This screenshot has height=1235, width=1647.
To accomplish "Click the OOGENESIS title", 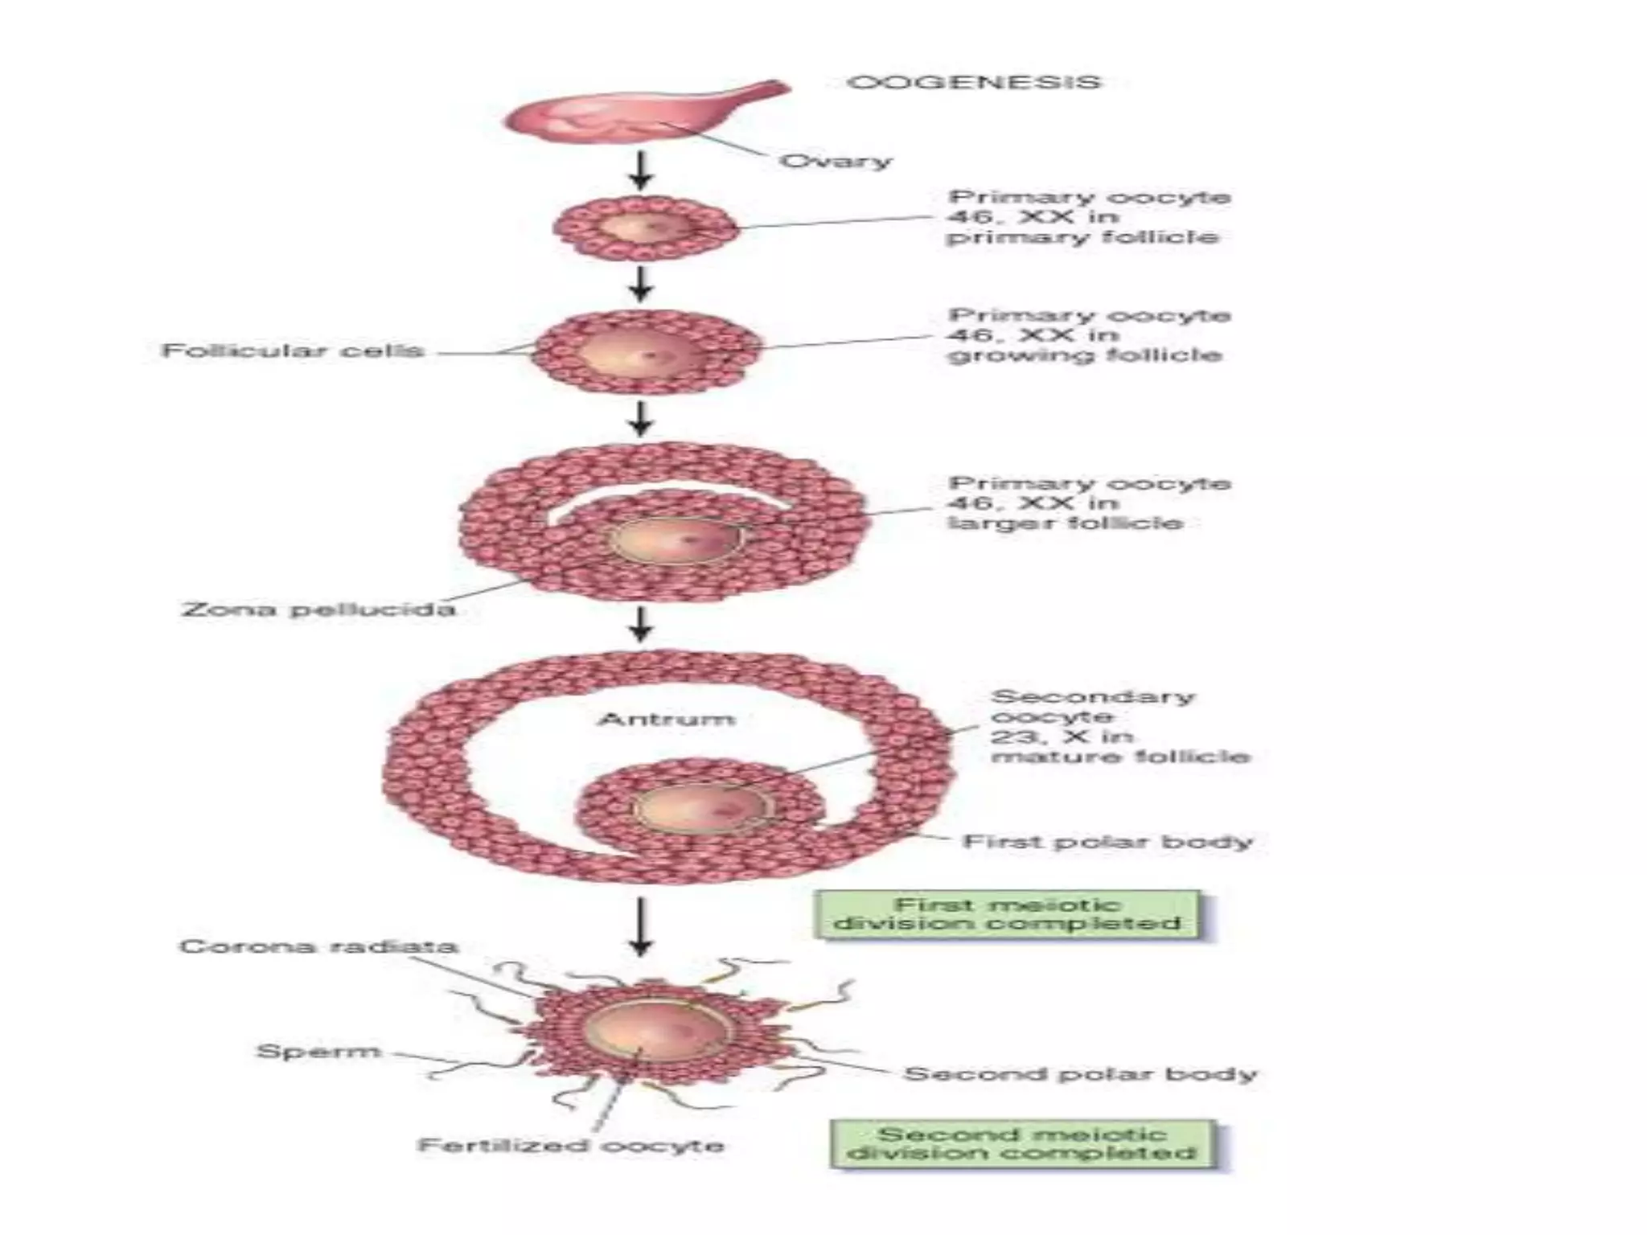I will [974, 83].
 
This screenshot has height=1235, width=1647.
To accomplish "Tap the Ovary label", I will [836, 161].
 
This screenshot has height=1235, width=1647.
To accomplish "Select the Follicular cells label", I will [293, 351].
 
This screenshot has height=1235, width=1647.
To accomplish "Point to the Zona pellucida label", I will [318, 609].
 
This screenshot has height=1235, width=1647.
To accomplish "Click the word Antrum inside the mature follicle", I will [666, 718].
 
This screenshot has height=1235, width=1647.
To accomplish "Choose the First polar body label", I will [1107, 842].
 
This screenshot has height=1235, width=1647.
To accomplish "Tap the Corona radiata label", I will [318, 946].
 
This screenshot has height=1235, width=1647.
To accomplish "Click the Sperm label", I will [318, 1051].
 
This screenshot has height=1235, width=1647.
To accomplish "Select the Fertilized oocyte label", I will [571, 1145].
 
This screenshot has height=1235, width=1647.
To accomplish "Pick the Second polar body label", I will [1080, 1074].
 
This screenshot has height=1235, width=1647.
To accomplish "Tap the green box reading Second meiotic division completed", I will [1022, 1144].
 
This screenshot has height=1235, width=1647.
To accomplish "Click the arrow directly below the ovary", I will [640, 170].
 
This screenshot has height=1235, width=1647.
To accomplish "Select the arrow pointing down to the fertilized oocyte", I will [640, 927].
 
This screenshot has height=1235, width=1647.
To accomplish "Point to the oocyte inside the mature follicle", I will [700, 808].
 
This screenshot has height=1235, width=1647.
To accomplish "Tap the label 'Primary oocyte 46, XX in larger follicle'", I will [1089, 503].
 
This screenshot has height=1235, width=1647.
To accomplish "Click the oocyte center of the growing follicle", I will [635, 351].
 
